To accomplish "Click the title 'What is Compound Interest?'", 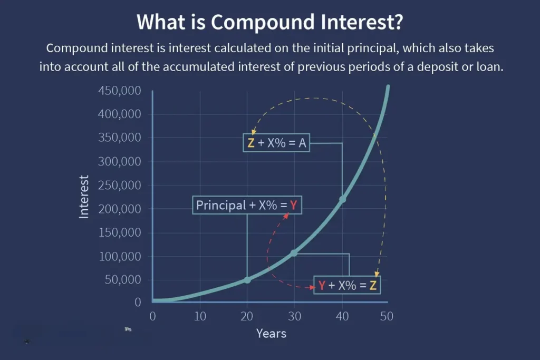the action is click(x=269, y=22).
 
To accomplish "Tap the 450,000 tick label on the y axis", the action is click(x=120, y=91).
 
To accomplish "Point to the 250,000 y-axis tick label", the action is click(x=120, y=185).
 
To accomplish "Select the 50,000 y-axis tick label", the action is click(x=122, y=279).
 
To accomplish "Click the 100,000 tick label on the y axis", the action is click(x=120, y=256).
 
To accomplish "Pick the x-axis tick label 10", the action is click(x=200, y=316).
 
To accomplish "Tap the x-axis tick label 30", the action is click(x=294, y=316).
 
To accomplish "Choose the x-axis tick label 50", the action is click(x=387, y=316).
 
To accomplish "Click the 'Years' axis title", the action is click(x=271, y=334).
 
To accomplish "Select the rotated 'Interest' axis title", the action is click(x=84, y=197).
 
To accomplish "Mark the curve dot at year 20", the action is click(x=247, y=280).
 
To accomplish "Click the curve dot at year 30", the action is click(x=294, y=254).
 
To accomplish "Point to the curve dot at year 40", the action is click(x=342, y=199).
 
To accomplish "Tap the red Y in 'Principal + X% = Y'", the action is click(x=293, y=206).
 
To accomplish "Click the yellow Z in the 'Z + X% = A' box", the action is click(x=251, y=143).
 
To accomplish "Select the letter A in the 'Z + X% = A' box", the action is click(x=302, y=143).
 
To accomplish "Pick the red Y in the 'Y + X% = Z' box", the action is click(x=322, y=285).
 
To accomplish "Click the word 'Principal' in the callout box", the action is click(x=221, y=206).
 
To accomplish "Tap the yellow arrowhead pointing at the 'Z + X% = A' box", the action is click(x=254, y=132).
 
